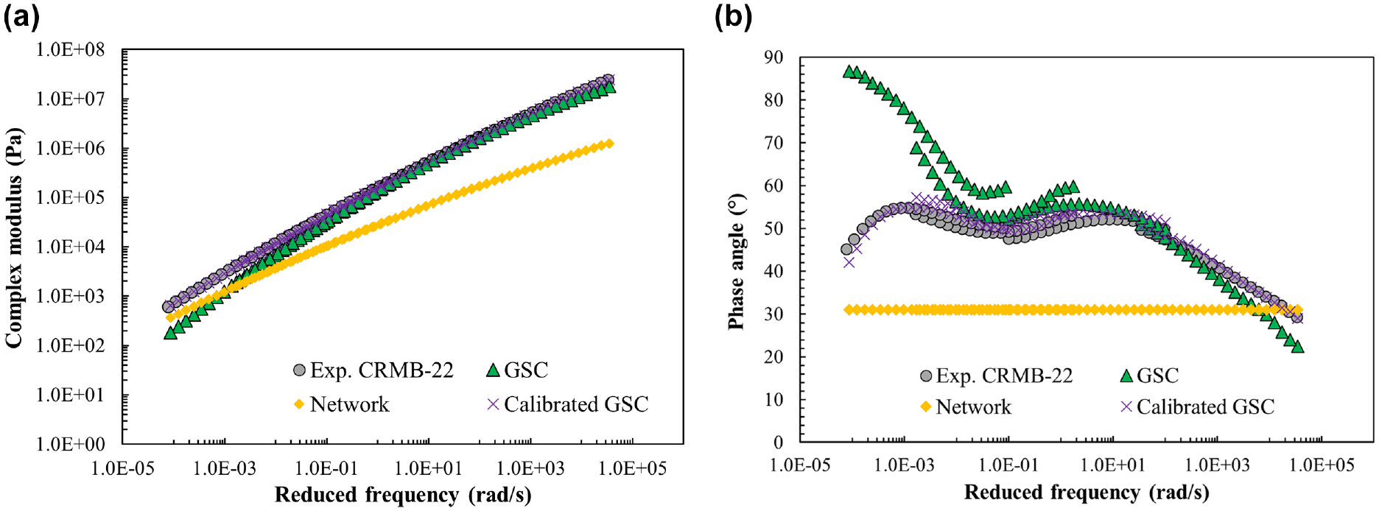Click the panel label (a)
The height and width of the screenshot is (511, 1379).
point(21,15)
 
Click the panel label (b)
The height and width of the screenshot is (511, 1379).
point(734,15)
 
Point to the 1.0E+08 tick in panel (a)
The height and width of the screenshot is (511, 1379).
point(71,50)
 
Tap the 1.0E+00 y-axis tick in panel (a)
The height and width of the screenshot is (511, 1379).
point(71,444)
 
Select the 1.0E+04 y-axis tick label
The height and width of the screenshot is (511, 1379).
point(71,247)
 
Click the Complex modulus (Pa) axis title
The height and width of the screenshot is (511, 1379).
point(14,238)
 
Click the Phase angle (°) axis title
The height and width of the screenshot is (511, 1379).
point(736,261)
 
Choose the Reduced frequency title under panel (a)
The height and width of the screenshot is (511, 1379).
point(403,495)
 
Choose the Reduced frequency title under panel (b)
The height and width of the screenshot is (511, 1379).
point(1087,492)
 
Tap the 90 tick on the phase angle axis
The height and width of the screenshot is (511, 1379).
point(773,57)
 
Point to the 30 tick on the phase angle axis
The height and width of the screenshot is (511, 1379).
point(773,314)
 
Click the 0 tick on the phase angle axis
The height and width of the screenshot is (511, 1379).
point(779,443)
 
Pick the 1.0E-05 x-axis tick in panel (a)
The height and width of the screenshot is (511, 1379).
point(123,468)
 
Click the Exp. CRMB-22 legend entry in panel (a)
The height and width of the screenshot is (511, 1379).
point(373,370)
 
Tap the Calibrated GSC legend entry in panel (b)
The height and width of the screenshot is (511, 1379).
point(1197,406)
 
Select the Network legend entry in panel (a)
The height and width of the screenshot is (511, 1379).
point(341,404)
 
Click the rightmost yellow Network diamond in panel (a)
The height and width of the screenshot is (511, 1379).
point(609,144)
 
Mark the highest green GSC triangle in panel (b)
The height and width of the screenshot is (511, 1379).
point(849,71)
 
